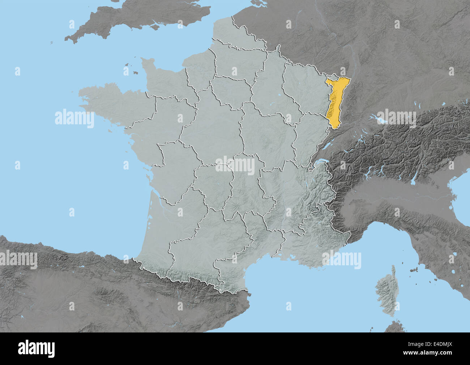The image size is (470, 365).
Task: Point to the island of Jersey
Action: click(136, 73)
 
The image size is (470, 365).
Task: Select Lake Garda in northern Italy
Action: click(414, 177)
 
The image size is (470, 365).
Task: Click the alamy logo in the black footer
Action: click(37, 348)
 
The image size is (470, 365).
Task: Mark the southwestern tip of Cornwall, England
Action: click(67, 39)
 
